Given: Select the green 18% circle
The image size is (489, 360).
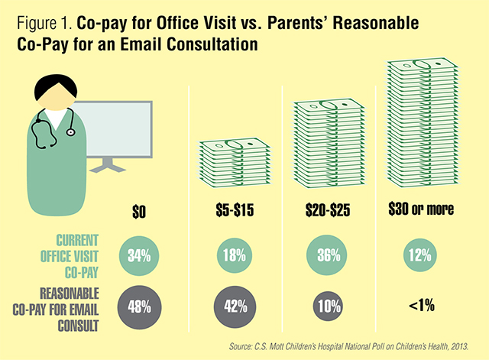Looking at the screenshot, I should click(234, 254).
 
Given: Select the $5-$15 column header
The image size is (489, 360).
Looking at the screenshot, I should click(234, 209).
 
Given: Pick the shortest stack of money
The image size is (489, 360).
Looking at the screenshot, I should click(234, 164).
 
